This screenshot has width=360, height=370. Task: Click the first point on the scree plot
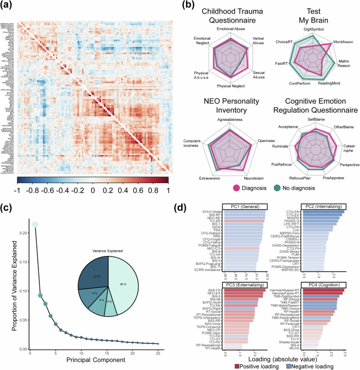(x=35, y=210)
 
